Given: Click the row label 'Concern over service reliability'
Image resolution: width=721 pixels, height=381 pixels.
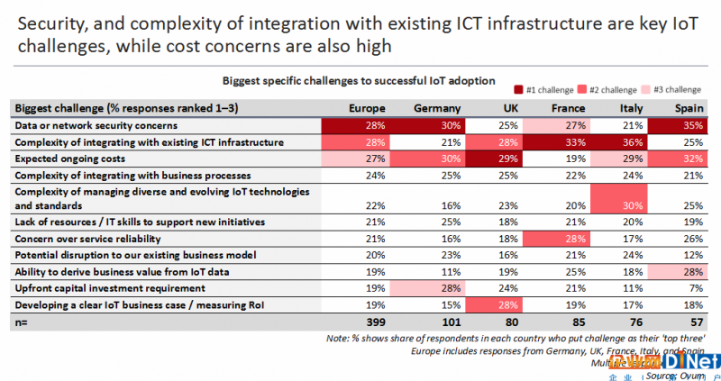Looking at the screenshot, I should tap(95, 239).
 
